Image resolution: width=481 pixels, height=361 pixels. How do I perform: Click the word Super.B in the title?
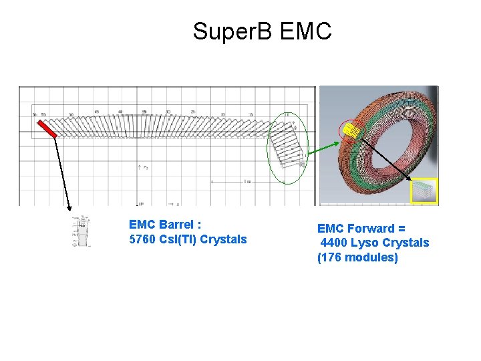tap(232, 31)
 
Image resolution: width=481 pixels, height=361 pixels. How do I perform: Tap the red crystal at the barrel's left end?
tap(46, 127)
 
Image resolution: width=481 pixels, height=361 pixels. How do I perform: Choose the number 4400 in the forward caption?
tap(335, 243)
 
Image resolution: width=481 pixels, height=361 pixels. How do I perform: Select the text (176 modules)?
tap(357, 257)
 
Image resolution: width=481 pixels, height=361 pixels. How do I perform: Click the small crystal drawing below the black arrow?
tap(82, 231)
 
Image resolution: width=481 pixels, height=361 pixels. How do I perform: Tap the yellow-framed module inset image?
tap(424, 191)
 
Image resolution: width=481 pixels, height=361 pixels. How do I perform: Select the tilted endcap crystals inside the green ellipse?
tap(287, 147)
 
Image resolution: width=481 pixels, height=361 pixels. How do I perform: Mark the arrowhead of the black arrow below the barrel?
tap(69, 209)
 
